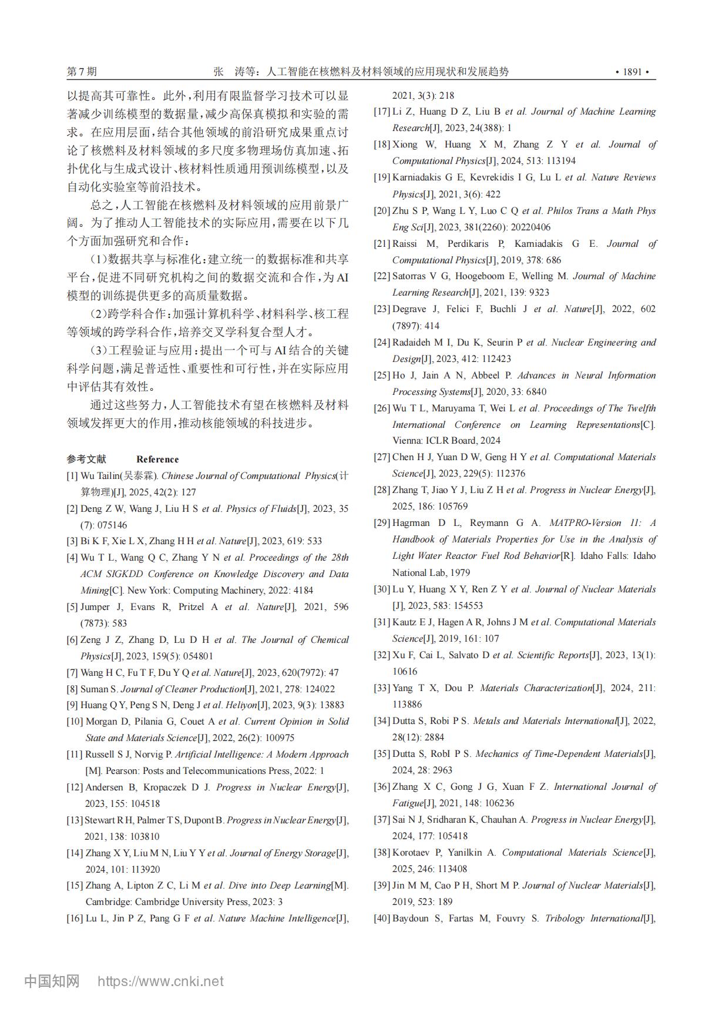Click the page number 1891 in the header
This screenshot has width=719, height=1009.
(632, 72)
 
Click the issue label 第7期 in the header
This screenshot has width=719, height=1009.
(82, 72)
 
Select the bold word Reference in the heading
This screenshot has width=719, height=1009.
(157, 460)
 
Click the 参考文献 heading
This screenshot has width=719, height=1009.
(86, 460)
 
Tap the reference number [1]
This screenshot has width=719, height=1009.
(72, 476)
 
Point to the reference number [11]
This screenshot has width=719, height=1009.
(75, 755)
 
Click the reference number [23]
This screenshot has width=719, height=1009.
(382, 309)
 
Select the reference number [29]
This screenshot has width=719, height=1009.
(382, 523)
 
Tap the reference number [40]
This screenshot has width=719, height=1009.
(382, 919)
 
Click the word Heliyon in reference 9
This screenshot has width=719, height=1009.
(241, 705)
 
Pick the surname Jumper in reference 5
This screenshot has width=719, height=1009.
(95, 607)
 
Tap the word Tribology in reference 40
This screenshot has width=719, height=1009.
(565, 919)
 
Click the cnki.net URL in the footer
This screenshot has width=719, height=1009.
(160, 981)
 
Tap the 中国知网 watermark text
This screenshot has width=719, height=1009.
(52, 981)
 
